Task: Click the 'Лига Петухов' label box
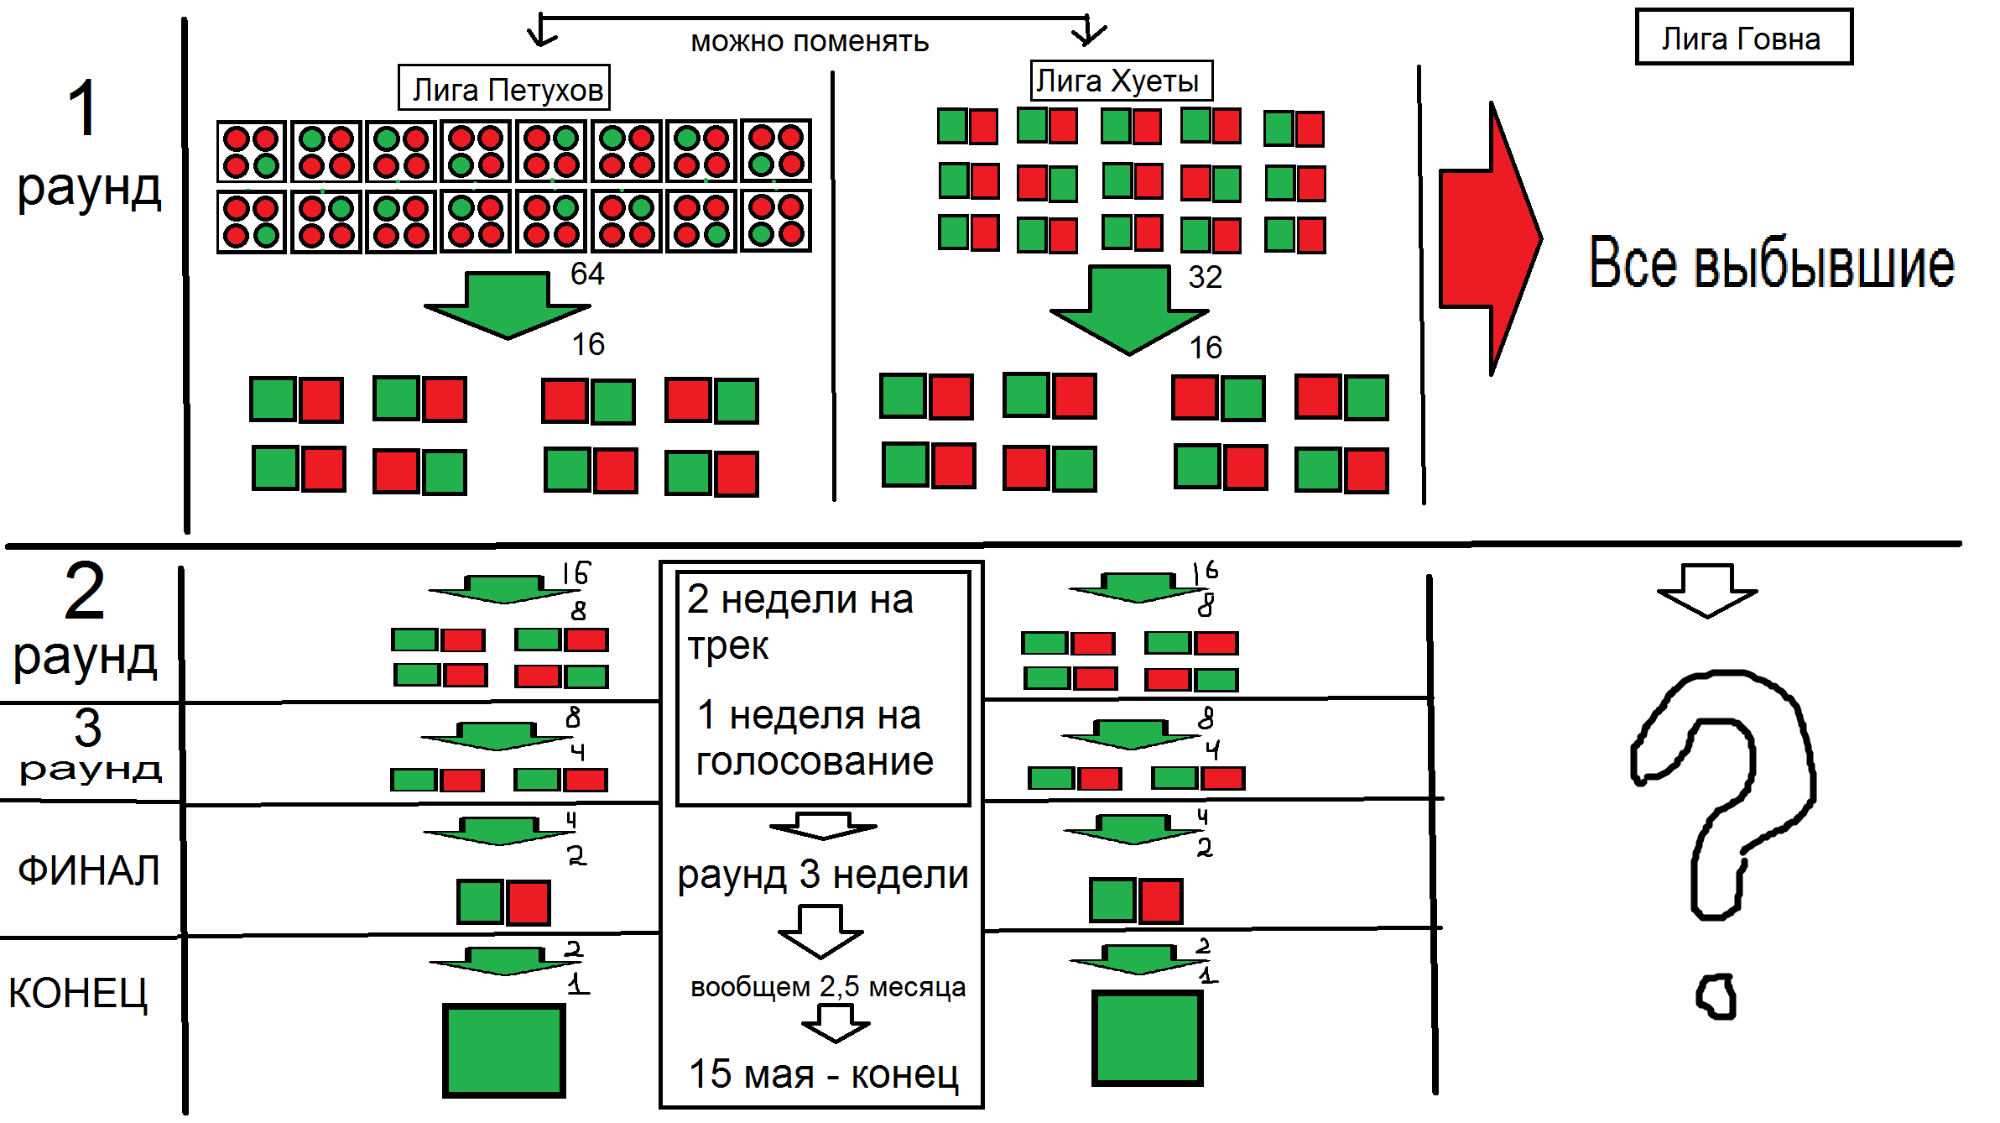504,88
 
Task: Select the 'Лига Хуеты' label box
1121,81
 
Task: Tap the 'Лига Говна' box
1743,38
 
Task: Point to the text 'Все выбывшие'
1771,264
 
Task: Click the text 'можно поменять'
810,41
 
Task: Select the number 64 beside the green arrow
587,274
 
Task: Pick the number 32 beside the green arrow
1205,277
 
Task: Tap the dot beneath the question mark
1716,997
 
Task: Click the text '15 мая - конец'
823,1074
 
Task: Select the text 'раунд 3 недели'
823,875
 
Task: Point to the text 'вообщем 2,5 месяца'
827,987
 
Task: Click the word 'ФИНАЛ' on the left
89,870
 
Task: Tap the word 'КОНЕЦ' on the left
78,994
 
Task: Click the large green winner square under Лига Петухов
504,1050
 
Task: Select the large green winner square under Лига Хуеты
1147,1037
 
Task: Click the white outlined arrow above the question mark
1707,590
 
